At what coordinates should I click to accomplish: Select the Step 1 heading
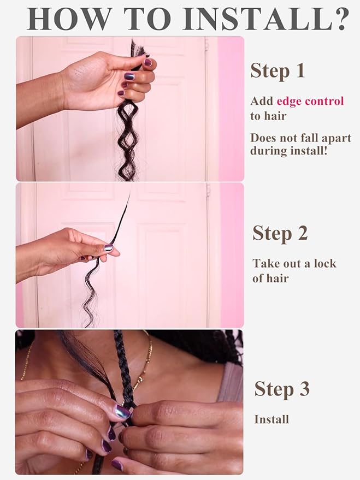[x=277, y=71]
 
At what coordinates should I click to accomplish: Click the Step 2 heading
[x=280, y=233]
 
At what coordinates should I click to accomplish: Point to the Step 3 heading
[x=281, y=389]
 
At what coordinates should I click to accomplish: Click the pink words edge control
[x=310, y=101]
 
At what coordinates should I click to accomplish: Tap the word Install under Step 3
[x=272, y=419]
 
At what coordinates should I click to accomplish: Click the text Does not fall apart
[x=300, y=138]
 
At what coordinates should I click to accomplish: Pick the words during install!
[x=289, y=151]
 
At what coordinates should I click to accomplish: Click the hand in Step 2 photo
[x=82, y=246]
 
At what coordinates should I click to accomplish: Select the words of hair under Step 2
[x=270, y=278]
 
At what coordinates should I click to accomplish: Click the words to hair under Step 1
[x=268, y=116]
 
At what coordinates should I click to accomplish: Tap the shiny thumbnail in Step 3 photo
[x=122, y=412]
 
